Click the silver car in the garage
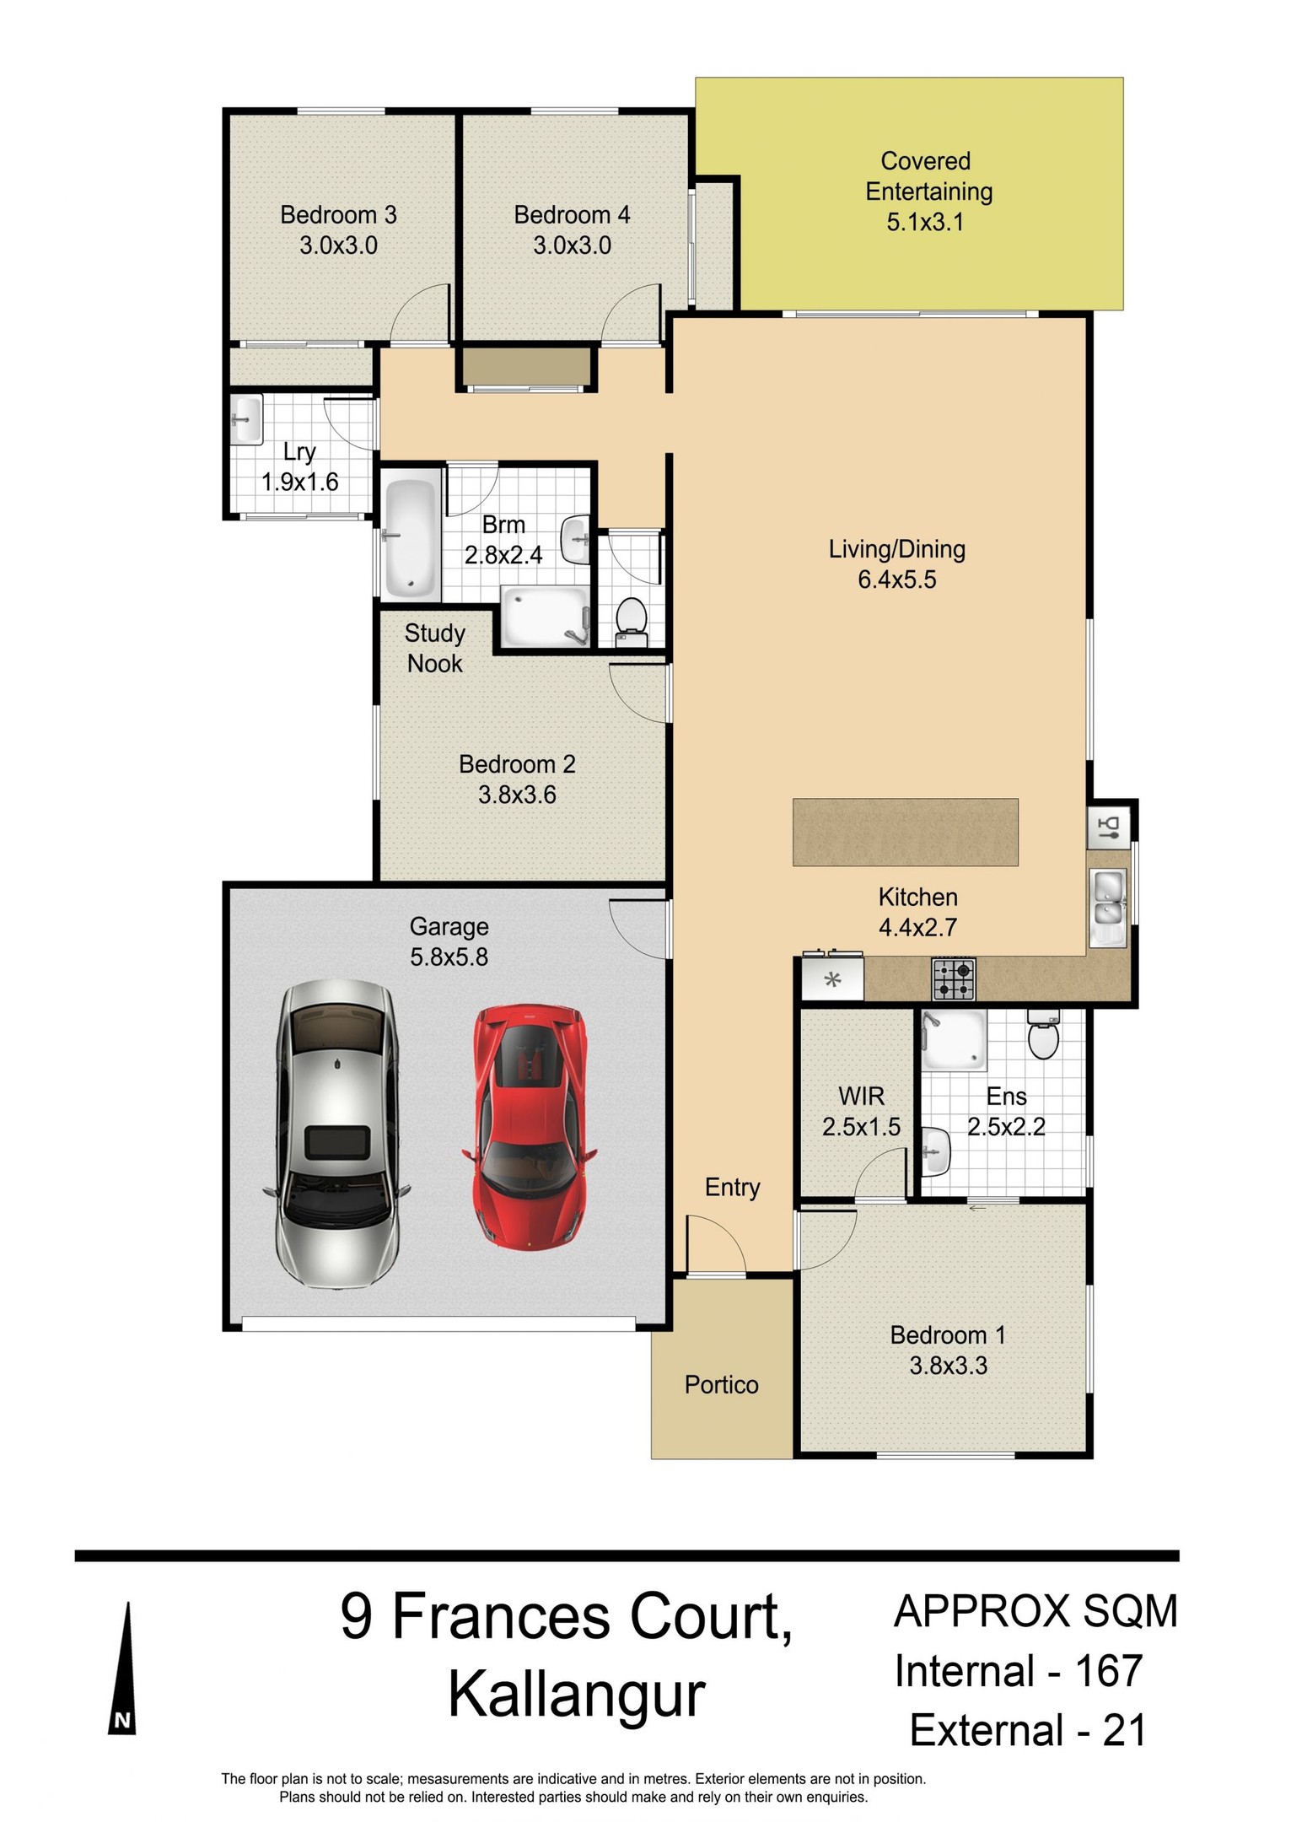point(337,1135)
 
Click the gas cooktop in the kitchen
point(953,979)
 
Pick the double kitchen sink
point(1109,899)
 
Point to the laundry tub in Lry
point(245,418)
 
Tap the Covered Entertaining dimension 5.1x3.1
point(925,223)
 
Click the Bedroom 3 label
point(338,215)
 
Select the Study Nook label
point(435,648)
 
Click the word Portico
point(722,1385)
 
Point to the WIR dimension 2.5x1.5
point(861,1127)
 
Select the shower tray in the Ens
point(954,1041)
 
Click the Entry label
point(732,1188)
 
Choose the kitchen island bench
point(906,833)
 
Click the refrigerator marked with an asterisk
point(832,979)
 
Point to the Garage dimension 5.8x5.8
point(449,957)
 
